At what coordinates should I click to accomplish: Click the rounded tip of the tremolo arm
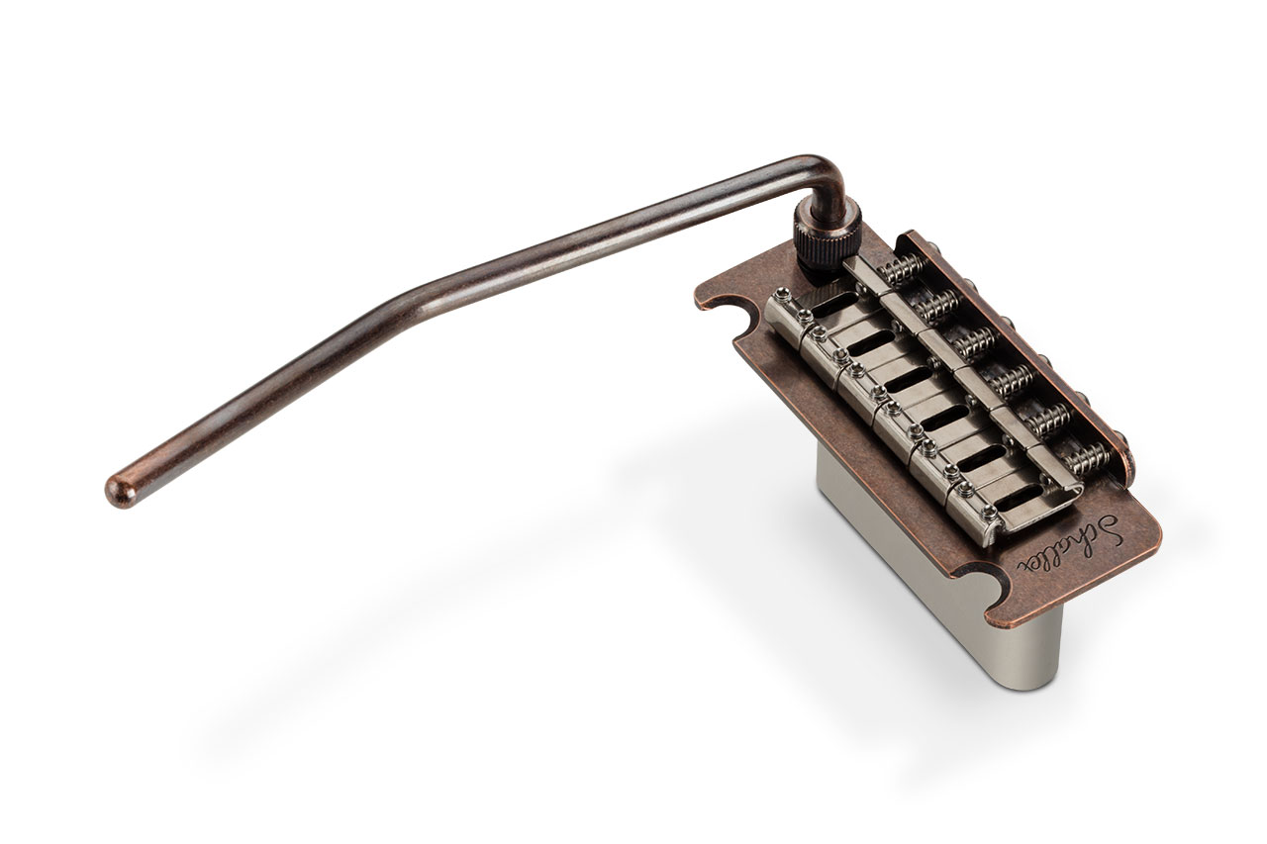point(120,489)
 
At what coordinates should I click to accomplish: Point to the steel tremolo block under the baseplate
point(939,588)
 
